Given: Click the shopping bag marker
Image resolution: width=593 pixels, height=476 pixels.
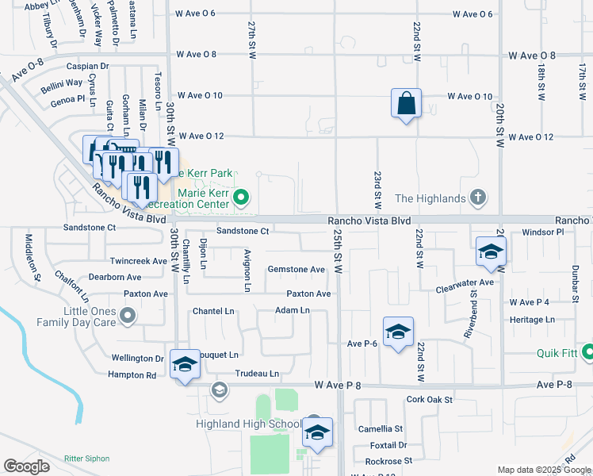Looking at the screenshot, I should (x=406, y=103).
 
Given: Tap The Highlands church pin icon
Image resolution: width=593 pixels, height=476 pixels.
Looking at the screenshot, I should (x=477, y=197).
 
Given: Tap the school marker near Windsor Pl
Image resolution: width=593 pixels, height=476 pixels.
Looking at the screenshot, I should (x=491, y=251).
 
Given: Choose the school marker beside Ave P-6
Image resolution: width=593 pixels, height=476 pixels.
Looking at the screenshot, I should (x=398, y=332).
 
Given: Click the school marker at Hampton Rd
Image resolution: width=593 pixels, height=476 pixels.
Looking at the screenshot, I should (x=185, y=364).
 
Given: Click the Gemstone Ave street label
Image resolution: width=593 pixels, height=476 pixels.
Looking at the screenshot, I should (x=296, y=270).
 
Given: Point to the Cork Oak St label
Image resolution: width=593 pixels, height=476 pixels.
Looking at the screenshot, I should (x=429, y=400).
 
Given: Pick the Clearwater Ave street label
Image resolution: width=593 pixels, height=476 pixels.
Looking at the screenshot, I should (x=465, y=282).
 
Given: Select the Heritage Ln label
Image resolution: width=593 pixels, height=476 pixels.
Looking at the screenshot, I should (x=532, y=320).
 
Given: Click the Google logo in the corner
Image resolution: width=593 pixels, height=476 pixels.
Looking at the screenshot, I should (x=26, y=466).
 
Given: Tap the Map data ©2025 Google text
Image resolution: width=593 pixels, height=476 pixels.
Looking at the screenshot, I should (x=544, y=470).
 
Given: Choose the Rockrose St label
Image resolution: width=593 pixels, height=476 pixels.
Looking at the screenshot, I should (x=389, y=461).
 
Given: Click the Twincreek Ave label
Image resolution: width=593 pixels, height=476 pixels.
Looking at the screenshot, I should (x=138, y=260).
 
